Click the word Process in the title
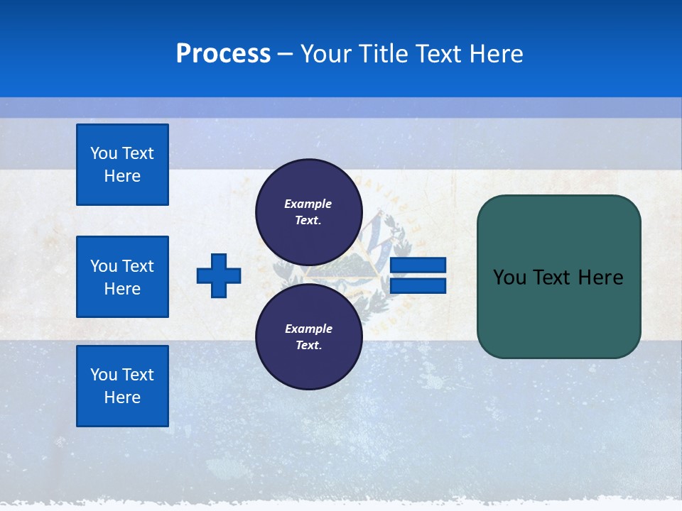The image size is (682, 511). tap(223, 54)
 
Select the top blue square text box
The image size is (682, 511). tap(122, 165)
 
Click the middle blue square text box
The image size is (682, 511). tap(122, 277)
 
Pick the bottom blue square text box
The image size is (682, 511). tap(122, 386)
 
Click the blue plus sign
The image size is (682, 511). tap(219, 275)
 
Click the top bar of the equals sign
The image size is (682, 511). tap(418, 265)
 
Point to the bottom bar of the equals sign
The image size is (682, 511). tap(418, 285)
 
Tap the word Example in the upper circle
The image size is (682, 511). tap(308, 204)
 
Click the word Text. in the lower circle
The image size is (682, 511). tap(308, 346)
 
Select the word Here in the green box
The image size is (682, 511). tap(600, 278)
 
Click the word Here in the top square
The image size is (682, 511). tap(122, 176)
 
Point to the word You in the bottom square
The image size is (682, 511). tap(104, 375)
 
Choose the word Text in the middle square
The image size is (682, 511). tap(138, 266)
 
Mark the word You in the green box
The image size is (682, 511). tap(509, 278)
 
